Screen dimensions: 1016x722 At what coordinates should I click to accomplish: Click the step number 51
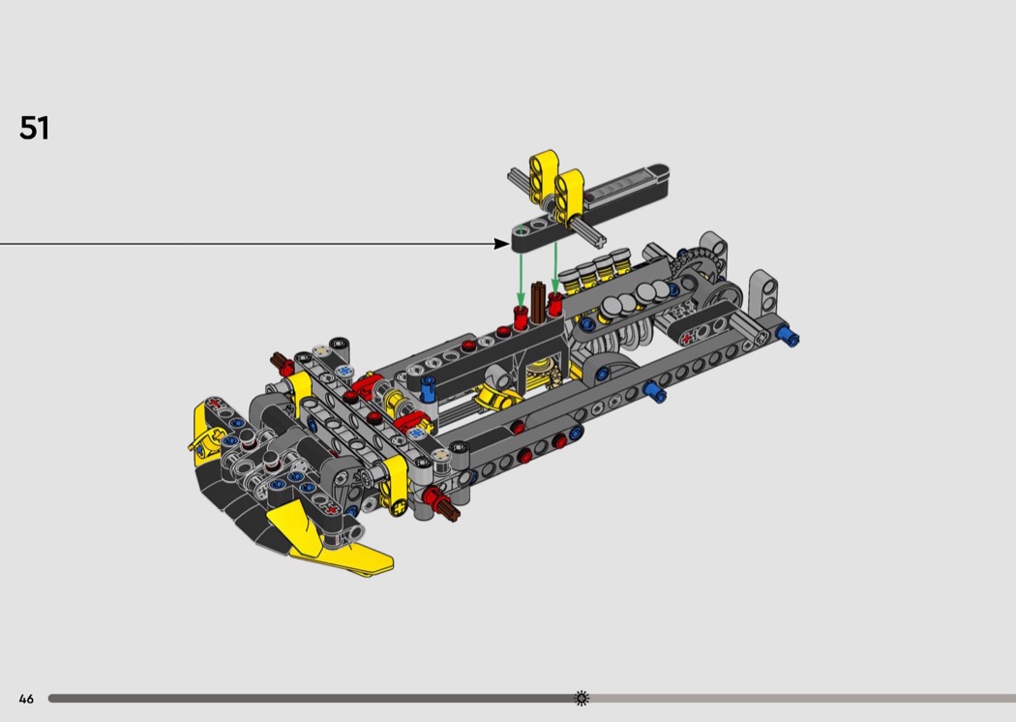tap(34, 128)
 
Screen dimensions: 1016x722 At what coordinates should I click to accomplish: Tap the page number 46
tap(26, 699)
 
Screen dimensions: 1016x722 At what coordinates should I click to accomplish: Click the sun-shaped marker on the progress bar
tap(582, 698)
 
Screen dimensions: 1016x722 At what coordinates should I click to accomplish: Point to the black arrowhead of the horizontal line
tap(501, 244)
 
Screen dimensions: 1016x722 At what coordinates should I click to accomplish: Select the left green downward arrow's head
tap(521, 300)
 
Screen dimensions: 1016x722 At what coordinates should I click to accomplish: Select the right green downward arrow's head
tap(555, 286)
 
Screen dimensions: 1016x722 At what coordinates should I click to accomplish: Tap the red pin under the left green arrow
tap(521, 317)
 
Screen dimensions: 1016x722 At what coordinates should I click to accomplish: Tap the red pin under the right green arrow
tap(555, 303)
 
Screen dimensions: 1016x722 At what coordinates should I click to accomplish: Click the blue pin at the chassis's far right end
tap(789, 336)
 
